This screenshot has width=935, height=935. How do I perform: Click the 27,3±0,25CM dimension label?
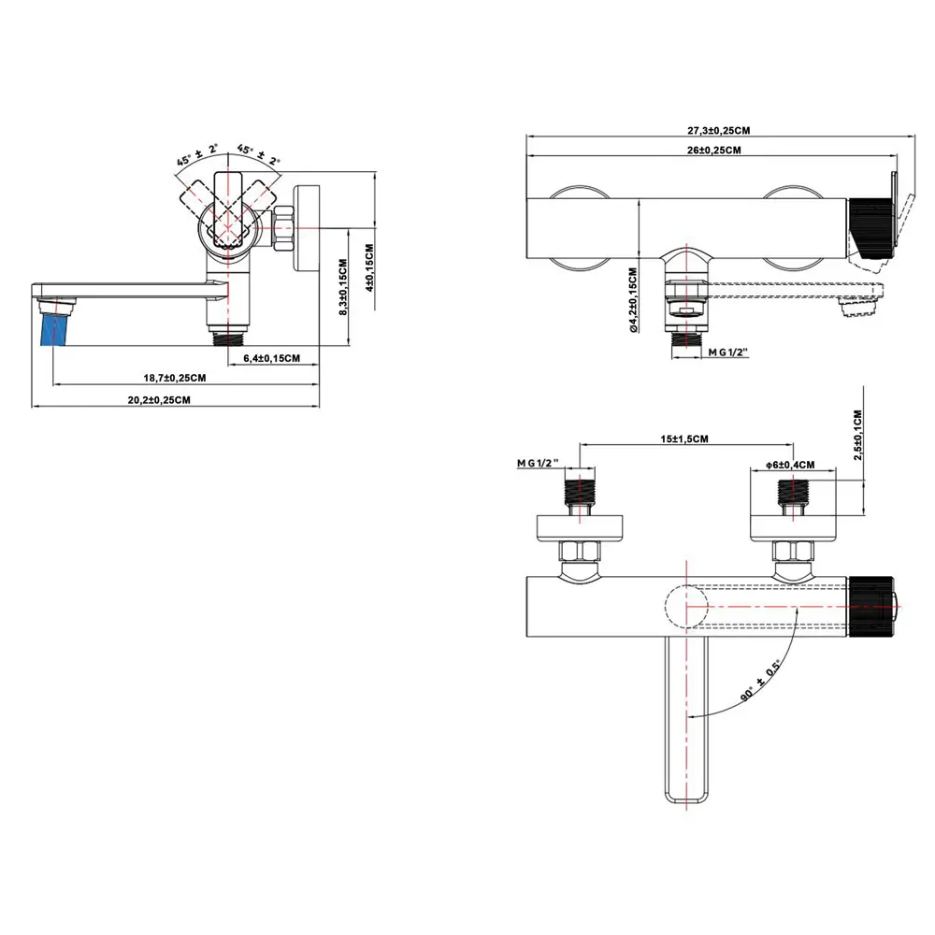pos(720,130)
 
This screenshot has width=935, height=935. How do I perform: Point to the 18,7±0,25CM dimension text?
pos(175,378)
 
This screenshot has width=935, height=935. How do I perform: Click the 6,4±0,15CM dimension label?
pos(272,358)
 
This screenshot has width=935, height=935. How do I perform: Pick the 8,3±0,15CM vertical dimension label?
pos(344,289)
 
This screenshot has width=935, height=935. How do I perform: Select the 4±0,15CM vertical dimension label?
pos(369,268)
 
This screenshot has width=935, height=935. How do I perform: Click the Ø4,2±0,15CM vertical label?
pos(633,300)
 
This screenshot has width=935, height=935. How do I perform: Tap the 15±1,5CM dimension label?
pos(683,439)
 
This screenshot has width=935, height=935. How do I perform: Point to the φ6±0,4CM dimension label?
pos(790,465)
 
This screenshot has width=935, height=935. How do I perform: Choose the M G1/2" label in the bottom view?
pos(537,464)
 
